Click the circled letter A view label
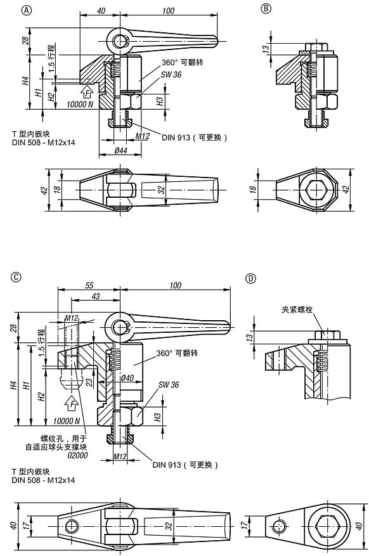click(x=8, y=8)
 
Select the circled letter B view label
click(x=266, y=8)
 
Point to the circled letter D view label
click(x=250, y=277)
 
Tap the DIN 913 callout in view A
click(x=194, y=137)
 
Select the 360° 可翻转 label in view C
click(x=176, y=352)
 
